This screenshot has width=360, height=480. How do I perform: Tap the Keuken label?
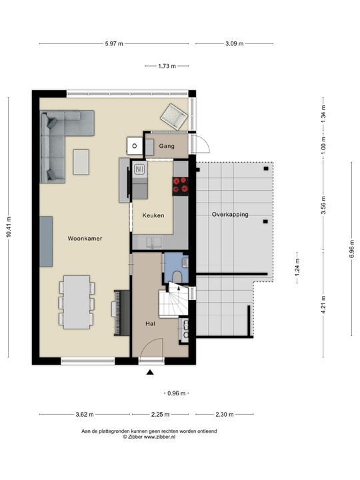tap(153, 215)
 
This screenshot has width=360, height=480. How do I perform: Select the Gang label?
tap(166, 145)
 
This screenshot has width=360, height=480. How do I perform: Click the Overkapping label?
tap(230, 215)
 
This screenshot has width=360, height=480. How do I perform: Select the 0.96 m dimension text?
tap(177, 393)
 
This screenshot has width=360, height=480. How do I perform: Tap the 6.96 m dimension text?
tap(351, 256)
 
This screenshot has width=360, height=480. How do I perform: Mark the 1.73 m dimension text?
tap(167, 66)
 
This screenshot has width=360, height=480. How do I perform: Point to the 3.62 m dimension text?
tap(84, 415)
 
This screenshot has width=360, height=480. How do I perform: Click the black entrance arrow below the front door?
tap(151, 373)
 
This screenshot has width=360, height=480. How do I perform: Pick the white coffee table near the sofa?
tap(81, 161)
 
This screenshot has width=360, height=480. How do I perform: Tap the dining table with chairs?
tap(77, 302)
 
